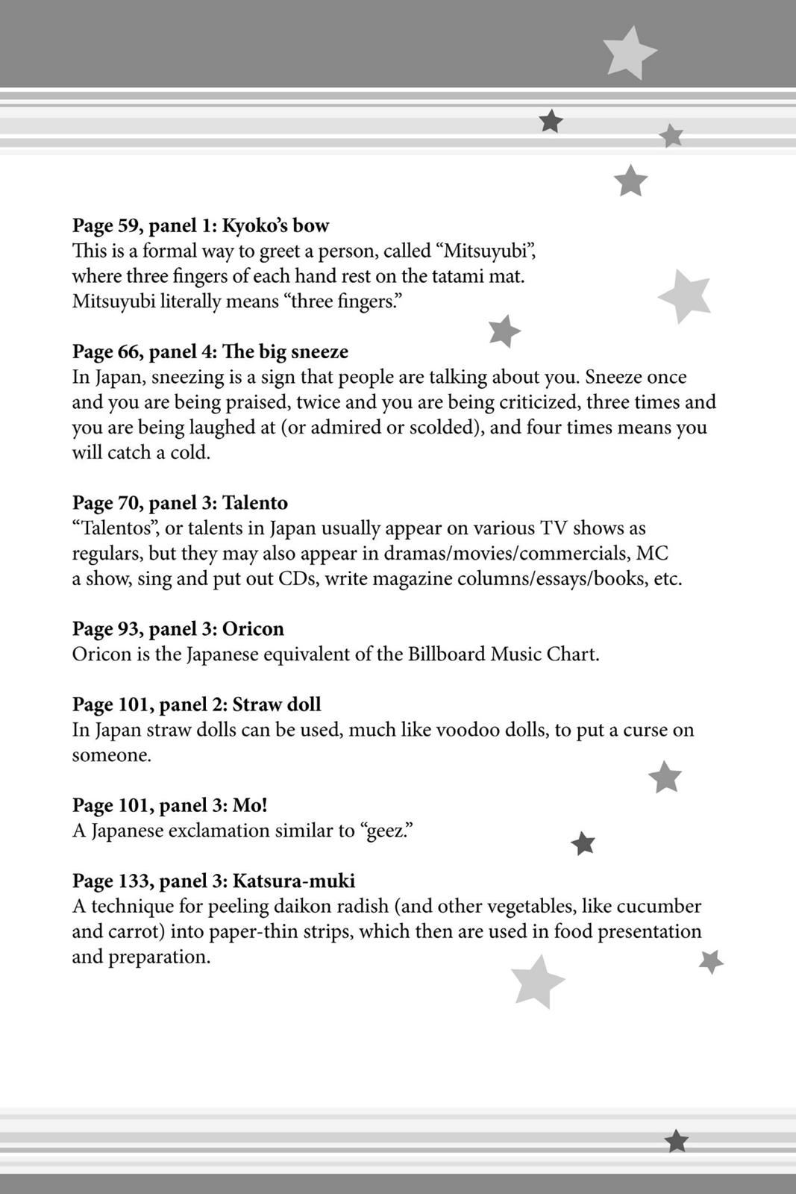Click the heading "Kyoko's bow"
[x=275, y=225]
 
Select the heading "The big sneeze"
[x=285, y=351]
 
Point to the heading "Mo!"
[x=249, y=805]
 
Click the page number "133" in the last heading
[x=134, y=881]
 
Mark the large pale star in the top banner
[x=629, y=52]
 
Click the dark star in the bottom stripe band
[x=676, y=1141]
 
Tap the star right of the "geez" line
[x=583, y=843]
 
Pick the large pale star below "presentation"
[x=537, y=981]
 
